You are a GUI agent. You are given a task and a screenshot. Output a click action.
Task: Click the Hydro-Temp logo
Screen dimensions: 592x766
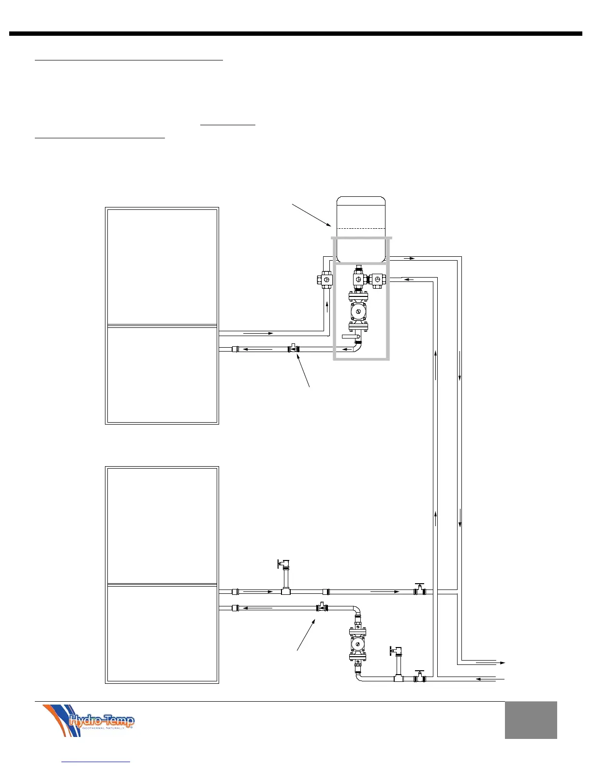[88, 720]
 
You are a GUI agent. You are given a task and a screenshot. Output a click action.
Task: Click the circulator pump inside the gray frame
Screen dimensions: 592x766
[358, 312]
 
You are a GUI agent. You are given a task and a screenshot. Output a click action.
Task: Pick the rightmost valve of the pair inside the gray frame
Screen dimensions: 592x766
[378, 279]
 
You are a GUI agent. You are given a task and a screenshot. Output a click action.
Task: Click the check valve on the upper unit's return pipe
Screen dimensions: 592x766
[293, 348]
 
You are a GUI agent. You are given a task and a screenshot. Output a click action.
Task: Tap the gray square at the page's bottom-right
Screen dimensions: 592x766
[531, 720]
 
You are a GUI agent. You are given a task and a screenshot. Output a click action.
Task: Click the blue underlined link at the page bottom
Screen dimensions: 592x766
[96, 762]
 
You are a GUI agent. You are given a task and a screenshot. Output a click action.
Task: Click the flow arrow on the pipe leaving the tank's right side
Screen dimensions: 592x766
[410, 259]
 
